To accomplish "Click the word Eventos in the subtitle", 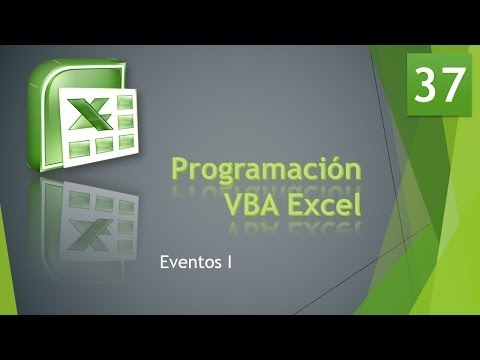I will coord(190,265).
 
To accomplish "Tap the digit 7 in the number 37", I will coord(452,86).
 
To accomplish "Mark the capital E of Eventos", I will coord(163,265).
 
